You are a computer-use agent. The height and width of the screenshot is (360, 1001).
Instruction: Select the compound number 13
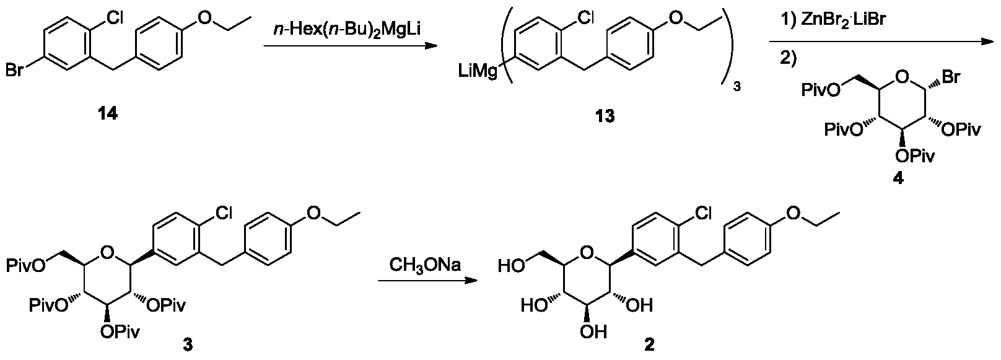pos(604,116)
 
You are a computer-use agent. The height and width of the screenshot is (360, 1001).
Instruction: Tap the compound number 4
pos(898,179)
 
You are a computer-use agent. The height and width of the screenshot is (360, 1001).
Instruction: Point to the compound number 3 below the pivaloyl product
pos(188,345)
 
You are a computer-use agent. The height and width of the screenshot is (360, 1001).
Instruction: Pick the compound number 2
pos(649,345)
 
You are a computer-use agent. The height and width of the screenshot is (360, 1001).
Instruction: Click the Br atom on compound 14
pos(14,70)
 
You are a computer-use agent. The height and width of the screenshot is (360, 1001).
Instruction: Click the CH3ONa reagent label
pos(424,266)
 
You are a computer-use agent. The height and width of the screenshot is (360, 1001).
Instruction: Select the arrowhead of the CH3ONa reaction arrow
pos(471,281)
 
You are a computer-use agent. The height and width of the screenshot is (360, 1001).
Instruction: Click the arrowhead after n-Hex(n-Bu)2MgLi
pos(431,46)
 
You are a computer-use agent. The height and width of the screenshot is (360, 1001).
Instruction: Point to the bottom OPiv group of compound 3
pos(120,332)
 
